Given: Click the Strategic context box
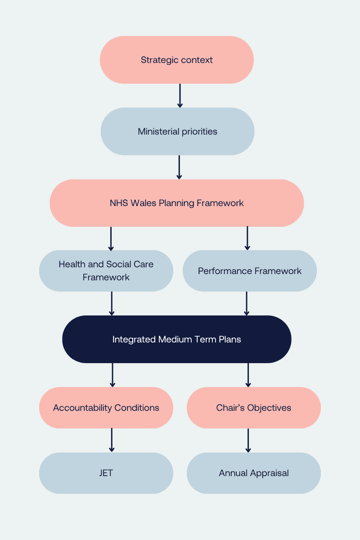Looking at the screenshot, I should pyautogui.click(x=176, y=60).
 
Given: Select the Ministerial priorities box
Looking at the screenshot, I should pyautogui.click(x=177, y=131).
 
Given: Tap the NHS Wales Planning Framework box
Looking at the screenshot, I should pyautogui.click(x=176, y=203).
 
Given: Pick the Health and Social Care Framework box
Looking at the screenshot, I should pyautogui.click(x=106, y=271).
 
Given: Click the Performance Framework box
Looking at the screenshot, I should pyautogui.click(x=250, y=271).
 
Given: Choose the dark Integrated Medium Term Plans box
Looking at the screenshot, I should pyautogui.click(x=176, y=339).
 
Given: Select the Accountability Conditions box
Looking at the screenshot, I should pyautogui.click(x=106, y=408).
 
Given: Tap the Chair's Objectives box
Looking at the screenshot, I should pyautogui.click(x=253, y=408).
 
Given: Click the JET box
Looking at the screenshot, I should pyautogui.click(x=106, y=473).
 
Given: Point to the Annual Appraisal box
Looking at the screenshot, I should pyautogui.click(x=253, y=473).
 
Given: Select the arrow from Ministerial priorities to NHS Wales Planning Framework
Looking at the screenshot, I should pyautogui.click(x=179, y=167).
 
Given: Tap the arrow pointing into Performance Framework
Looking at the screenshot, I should pyautogui.click(x=247, y=238).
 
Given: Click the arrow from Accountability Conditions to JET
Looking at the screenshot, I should pyautogui.click(x=112, y=440).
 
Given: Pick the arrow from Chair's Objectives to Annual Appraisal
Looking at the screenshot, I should pyautogui.click(x=248, y=440).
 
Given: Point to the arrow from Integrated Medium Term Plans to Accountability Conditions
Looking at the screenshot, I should pyautogui.click(x=112, y=374).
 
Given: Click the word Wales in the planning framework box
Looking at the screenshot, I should pyautogui.click(x=143, y=203).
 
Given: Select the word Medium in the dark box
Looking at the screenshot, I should pyautogui.click(x=173, y=339).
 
